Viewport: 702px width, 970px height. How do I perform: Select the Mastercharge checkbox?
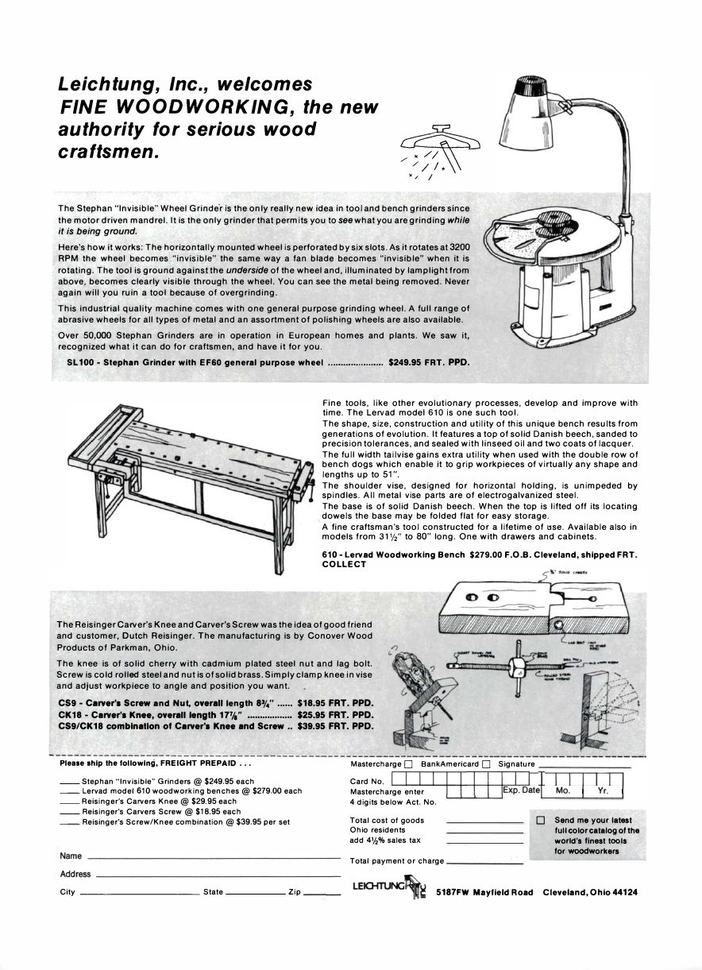408,764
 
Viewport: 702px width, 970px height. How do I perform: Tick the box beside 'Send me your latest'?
541,820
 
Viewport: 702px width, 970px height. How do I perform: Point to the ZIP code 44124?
623,892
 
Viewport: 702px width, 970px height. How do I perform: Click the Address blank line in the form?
218,875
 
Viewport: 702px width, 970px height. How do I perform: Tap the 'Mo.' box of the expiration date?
563,791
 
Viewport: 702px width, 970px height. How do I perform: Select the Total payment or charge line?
484,862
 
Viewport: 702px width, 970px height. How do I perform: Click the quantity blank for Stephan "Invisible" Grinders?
69,782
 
